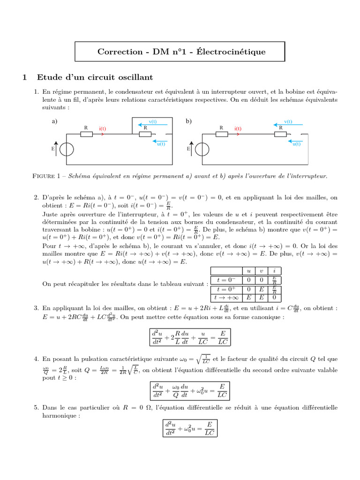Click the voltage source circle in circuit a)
click(67, 149)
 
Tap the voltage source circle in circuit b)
click(202, 149)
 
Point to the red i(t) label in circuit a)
click(102, 128)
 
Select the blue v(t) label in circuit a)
click(152, 122)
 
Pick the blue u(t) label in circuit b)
click(296, 144)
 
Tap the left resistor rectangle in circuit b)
click(221, 135)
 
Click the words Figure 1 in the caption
click(49, 176)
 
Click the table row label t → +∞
click(226, 297)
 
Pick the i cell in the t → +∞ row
click(274, 297)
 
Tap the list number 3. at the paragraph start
click(37, 308)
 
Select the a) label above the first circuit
click(54, 121)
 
